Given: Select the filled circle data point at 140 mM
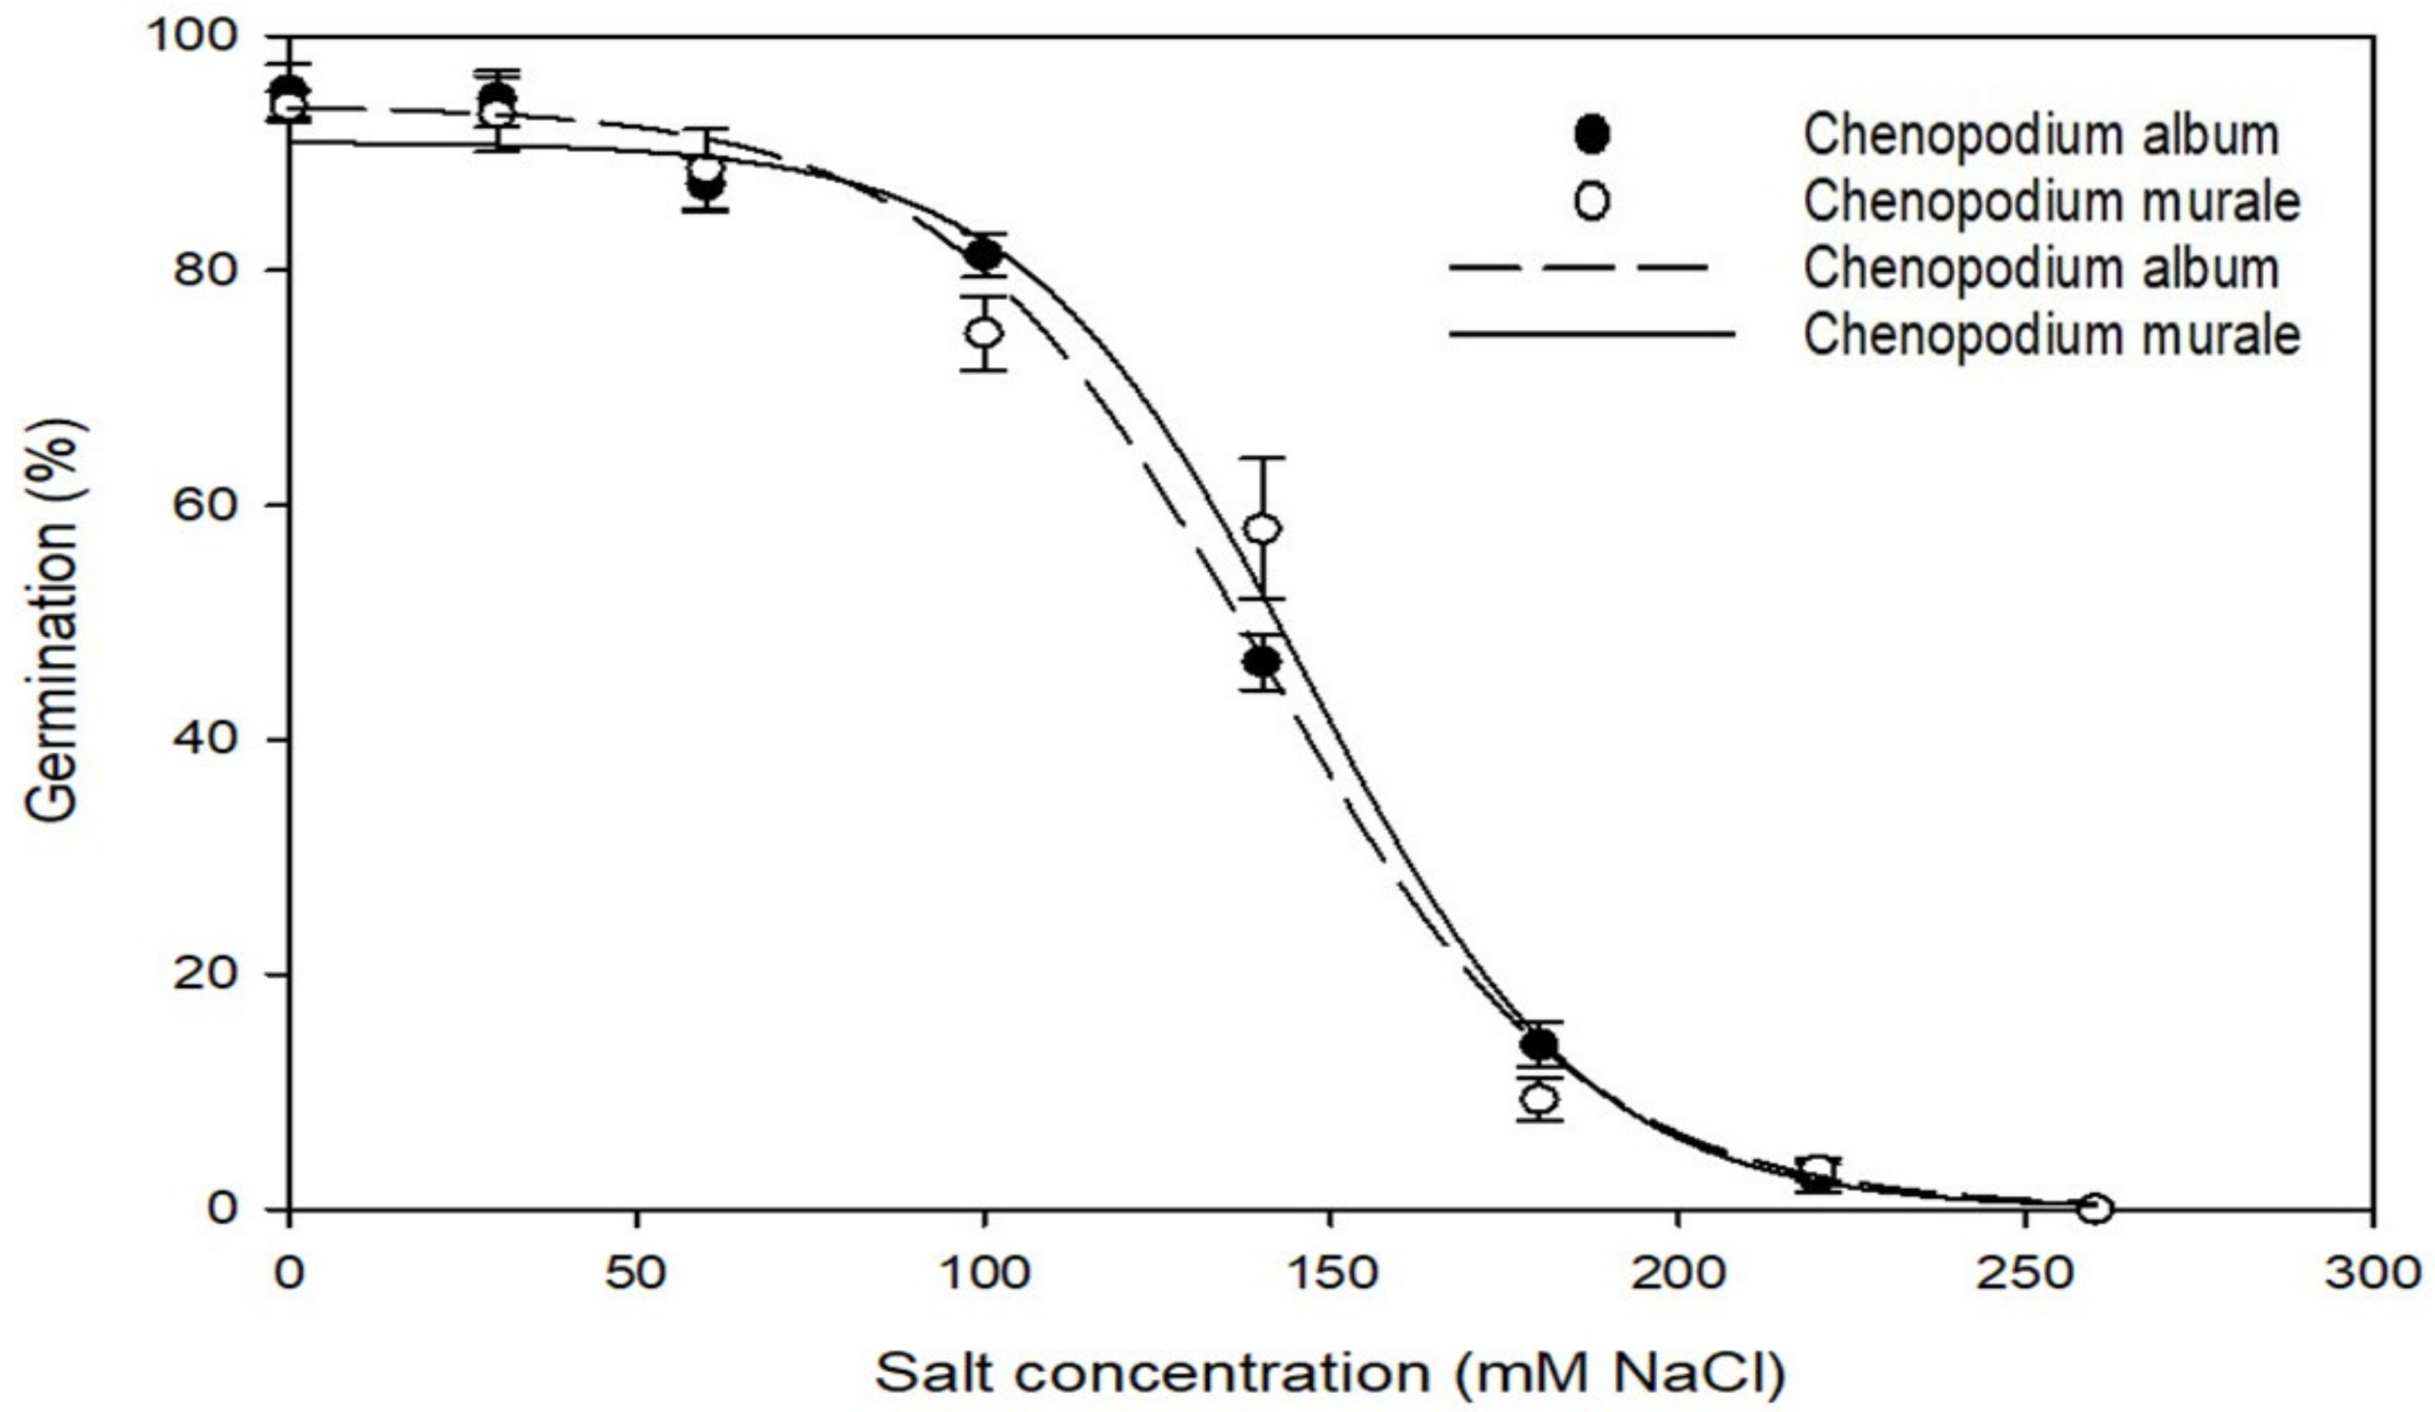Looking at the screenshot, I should pos(1262,662).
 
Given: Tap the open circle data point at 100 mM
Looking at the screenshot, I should pos(985,332).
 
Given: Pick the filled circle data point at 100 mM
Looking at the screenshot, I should pos(985,254).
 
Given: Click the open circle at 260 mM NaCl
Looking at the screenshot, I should pos(2095,1207).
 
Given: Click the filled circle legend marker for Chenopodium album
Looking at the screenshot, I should pos(1592,134).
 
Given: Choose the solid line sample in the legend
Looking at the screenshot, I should pos(1589,334).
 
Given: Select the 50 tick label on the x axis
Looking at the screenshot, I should pos(636,1274).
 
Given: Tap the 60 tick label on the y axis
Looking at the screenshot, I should pos(204,505).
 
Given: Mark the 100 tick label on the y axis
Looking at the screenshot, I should pos(189,36).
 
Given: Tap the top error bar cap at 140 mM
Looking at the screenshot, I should pos(1263,458).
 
